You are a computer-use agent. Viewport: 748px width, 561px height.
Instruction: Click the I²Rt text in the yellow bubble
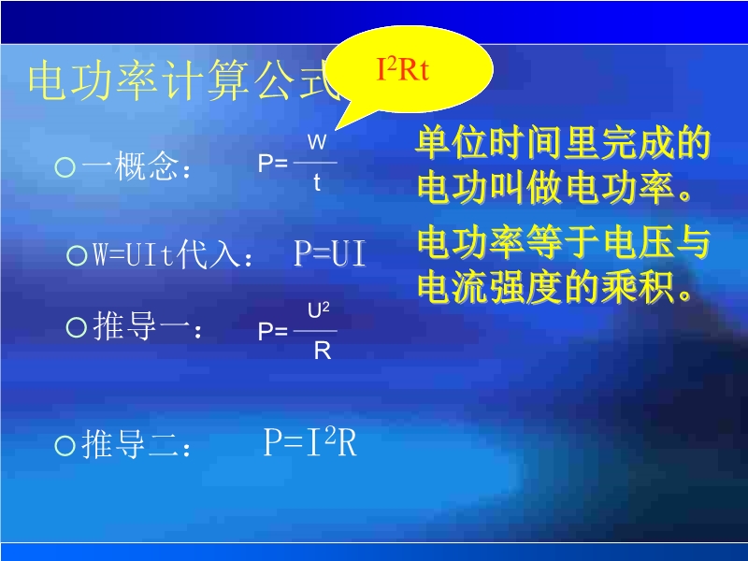tap(403, 69)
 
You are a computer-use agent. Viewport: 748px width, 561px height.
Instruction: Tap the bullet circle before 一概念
tap(65, 167)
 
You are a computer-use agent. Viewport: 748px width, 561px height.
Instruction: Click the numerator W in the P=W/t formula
tap(317, 142)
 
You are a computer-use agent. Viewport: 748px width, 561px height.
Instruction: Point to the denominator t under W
tap(317, 182)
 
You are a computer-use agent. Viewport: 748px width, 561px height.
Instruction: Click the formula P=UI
tap(330, 253)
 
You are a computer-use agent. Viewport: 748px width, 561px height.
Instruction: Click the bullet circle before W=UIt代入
tap(77, 255)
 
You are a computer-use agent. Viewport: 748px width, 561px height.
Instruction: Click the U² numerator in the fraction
tap(319, 310)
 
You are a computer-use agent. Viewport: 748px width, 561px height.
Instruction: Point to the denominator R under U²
tap(323, 352)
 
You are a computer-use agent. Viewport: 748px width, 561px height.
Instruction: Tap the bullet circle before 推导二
tap(65, 446)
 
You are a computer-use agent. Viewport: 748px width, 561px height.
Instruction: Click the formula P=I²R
tap(310, 441)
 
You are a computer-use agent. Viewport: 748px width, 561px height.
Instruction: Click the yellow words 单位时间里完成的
tap(564, 143)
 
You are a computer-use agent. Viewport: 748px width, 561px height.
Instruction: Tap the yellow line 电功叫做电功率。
tap(555, 188)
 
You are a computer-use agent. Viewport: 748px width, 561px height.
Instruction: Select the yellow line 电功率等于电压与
tap(564, 242)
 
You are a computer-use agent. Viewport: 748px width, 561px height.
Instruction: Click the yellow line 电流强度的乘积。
tap(555, 288)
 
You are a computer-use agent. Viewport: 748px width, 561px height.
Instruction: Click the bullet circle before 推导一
tap(77, 328)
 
